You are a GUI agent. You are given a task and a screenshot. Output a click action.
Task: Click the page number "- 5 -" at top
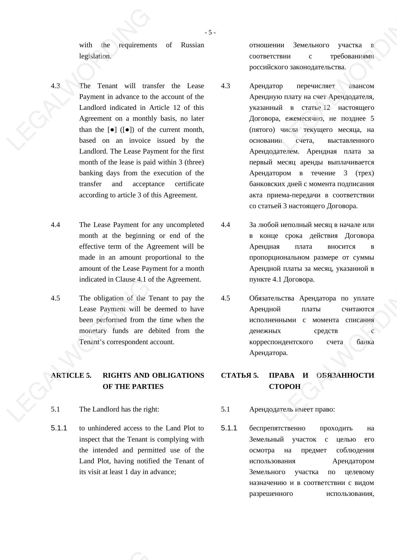(210, 33)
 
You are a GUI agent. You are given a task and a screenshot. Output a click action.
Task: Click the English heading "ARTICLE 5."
(71, 375)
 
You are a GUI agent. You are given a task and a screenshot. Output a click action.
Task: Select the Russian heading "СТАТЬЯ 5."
(240, 375)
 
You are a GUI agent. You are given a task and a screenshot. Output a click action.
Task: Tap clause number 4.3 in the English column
(55, 86)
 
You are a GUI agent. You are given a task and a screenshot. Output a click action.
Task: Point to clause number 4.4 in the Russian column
(226, 225)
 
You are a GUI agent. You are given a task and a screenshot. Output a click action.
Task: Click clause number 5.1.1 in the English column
(59, 428)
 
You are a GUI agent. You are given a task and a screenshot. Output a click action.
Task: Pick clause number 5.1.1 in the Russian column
(229, 428)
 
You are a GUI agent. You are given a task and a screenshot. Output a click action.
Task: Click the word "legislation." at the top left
(95, 56)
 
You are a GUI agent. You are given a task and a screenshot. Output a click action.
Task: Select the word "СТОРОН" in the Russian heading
(285, 387)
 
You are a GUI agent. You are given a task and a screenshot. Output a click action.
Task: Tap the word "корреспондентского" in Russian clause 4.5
(281, 342)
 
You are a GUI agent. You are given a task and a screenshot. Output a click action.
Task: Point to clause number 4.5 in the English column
(55, 298)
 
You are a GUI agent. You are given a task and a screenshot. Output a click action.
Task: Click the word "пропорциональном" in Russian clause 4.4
(279, 257)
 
